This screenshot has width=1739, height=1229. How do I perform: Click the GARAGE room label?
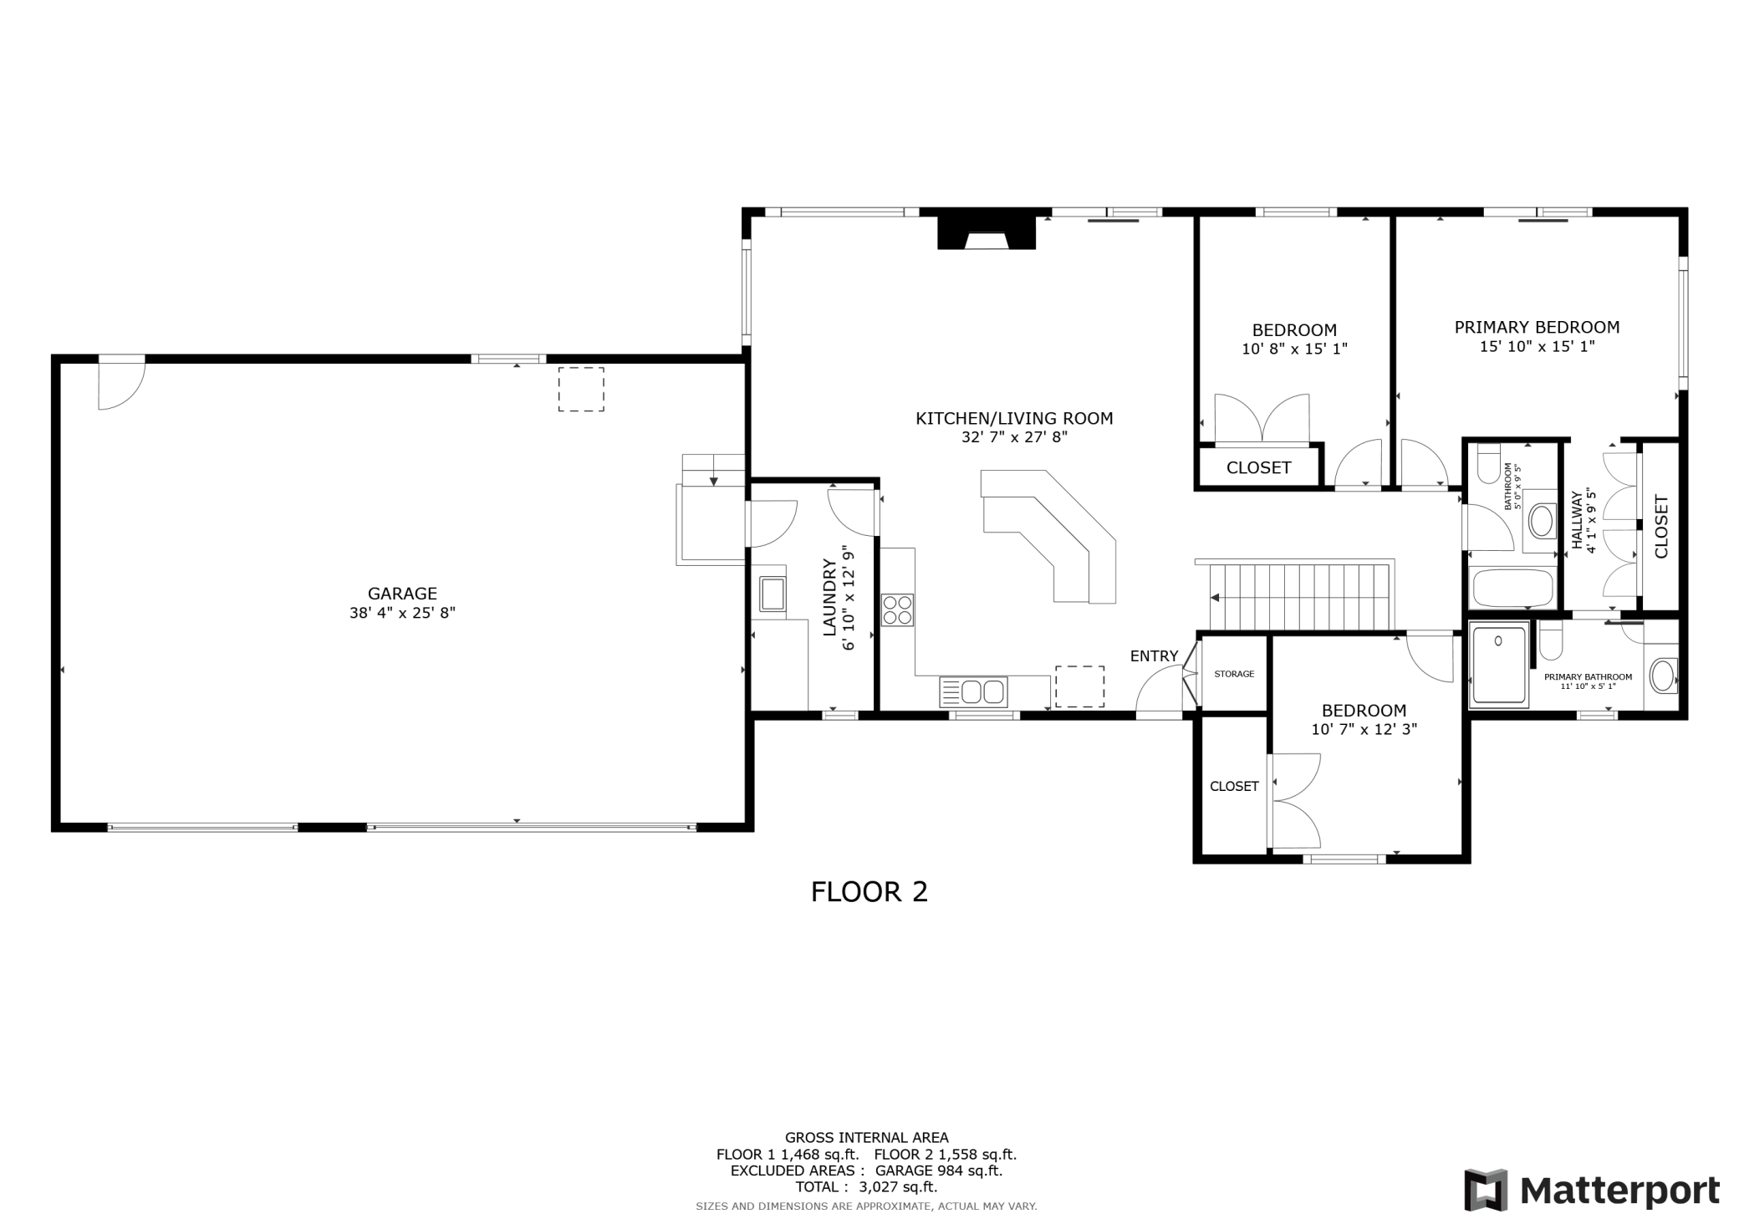click(x=402, y=594)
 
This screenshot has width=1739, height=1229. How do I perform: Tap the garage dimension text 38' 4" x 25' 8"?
click(x=402, y=613)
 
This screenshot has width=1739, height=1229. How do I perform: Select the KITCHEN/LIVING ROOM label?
click(x=1014, y=418)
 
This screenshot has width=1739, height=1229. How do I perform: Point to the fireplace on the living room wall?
click(x=987, y=232)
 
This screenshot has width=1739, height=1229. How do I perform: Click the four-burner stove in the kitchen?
click(x=897, y=609)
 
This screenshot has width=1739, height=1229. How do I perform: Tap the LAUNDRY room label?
click(x=829, y=598)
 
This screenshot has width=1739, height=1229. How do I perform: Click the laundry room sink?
click(x=773, y=594)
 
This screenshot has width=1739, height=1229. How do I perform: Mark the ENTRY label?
click(x=1154, y=656)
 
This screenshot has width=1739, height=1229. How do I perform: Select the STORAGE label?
click(x=1234, y=674)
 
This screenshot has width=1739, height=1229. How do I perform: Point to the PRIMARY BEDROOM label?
click(x=1537, y=328)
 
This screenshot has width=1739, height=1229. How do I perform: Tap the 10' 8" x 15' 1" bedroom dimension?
click(x=1294, y=349)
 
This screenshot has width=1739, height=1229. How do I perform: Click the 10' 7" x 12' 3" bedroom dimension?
click(x=1364, y=729)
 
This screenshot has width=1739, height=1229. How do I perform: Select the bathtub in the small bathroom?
click(x=1512, y=588)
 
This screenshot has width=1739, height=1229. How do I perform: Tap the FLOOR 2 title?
click(x=869, y=892)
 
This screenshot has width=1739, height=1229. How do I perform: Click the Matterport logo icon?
click(x=1486, y=1189)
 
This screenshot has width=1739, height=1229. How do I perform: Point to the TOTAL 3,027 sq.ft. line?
click(x=866, y=1187)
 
